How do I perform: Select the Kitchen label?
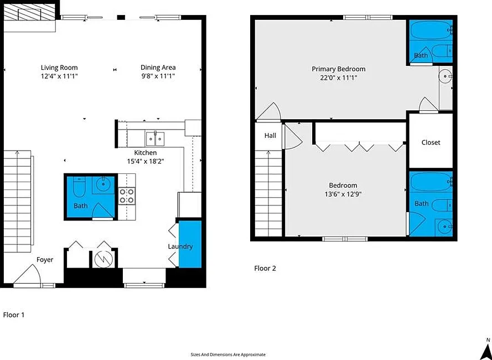[146, 152]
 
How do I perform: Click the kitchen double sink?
[154, 137]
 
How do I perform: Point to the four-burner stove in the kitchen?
[127, 196]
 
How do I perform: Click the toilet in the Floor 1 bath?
[78, 188]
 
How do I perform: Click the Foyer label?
[45, 259]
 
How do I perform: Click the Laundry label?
[180, 246]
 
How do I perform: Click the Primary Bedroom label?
[338, 69]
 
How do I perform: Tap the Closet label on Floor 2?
[431, 142]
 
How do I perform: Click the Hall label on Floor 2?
[270, 135]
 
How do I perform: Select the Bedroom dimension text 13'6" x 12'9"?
[343, 194]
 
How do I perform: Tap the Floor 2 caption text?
[265, 268]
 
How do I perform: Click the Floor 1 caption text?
[14, 315]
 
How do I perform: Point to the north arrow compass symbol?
[485, 349]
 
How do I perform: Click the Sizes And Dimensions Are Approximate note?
[228, 354]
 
